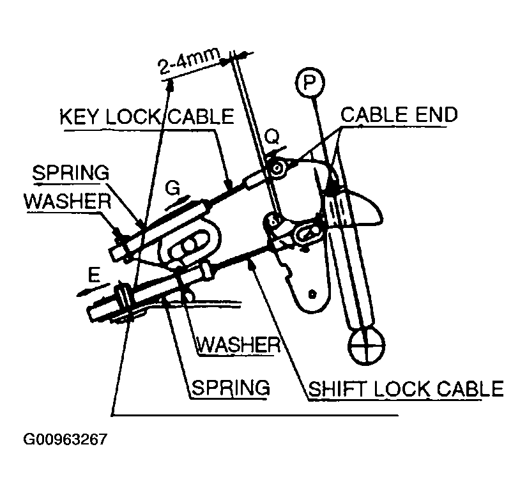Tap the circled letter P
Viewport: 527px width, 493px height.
[x=310, y=82]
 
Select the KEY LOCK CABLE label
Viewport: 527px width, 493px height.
[x=147, y=117]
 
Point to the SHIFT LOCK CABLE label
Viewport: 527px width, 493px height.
[x=406, y=389]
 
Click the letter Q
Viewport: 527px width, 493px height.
[x=271, y=137]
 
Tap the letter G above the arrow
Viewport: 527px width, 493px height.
[x=172, y=188]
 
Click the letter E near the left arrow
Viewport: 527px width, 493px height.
[x=94, y=276]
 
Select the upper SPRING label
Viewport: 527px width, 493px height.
[x=70, y=172]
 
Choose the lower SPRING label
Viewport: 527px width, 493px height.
[x=231, y=388]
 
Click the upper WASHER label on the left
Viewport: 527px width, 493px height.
[x=68, y=201]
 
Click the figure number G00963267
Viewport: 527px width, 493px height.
[x=65, y=439]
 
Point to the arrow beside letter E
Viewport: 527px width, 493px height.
[x=93, y=290]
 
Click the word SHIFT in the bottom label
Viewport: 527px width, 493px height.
[x=337, y=389]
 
